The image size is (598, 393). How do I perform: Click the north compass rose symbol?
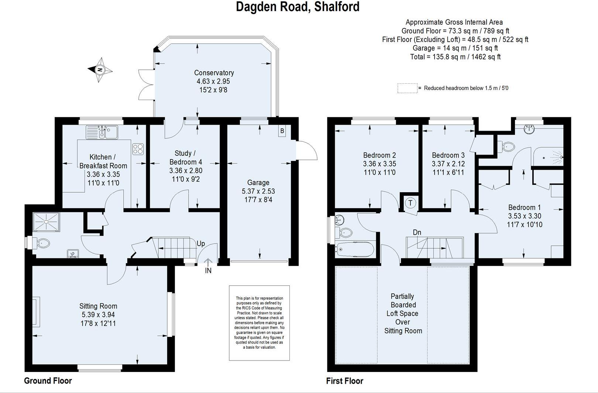click(x=100, y=70)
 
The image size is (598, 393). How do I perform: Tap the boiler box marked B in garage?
click(x=282, y=131)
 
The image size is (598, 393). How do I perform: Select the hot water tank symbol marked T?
click(x=410, y=203)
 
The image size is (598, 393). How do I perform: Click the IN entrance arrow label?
click(x=208, y=270)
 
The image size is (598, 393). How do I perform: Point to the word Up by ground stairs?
click(x=201, y=244)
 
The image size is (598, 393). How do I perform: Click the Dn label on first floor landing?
click(x=417, y=232)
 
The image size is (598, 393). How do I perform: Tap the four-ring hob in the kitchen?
click(x=138, y=149)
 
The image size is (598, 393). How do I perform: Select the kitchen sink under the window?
click(x=102, y=132)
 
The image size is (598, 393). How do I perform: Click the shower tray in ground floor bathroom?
click(x=46, y=221)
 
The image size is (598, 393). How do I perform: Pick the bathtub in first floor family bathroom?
click(x=355, y=249)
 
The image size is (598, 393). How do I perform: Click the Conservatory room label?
click(x=214, y=73)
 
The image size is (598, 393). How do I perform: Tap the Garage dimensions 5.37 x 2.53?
click(x=258, y=191)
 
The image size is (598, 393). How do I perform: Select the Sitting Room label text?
click(x=98, y=306)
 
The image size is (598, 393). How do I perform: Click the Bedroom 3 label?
click(x=448, y=155)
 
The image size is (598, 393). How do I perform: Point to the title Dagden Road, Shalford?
click(x=298, y=7)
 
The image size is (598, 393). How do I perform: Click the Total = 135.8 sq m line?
click(x=455, y=56)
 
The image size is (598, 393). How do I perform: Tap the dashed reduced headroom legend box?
click(x=407, y=88)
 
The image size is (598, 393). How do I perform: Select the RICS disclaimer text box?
click(x=259, y=323)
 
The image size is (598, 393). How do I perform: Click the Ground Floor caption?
click(x=48, y=380)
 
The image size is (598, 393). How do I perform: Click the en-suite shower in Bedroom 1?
click(x=548, y=158)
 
